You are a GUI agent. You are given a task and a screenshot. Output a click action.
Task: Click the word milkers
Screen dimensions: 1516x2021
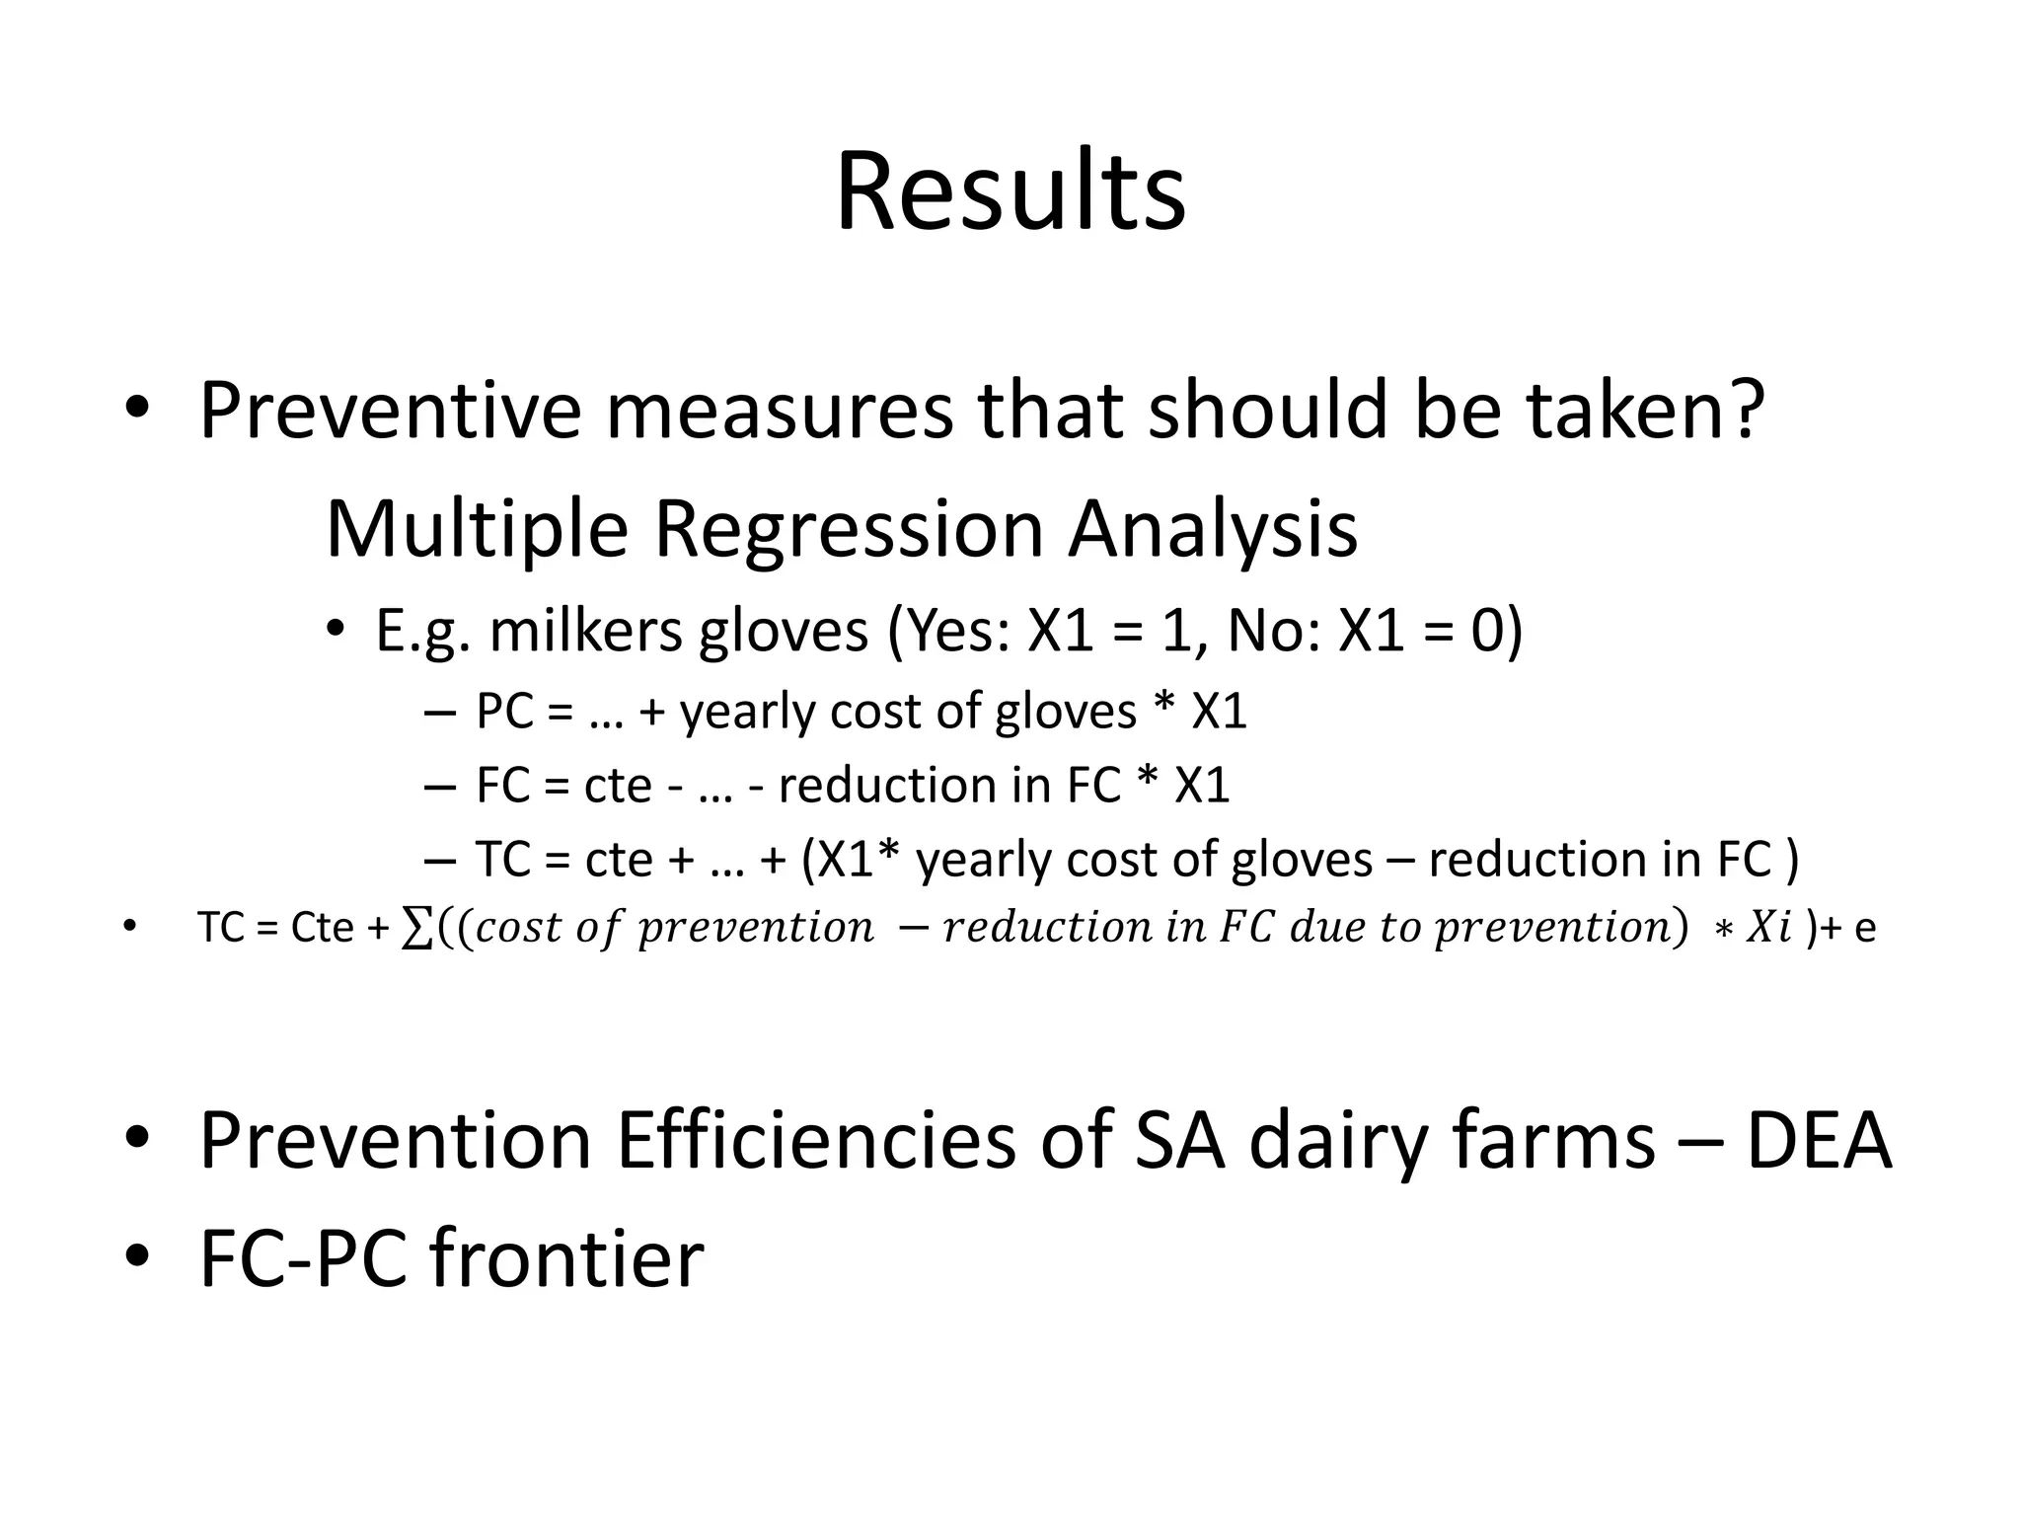(586, 631)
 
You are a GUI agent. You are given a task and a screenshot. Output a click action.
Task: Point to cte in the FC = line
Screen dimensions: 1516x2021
(619, 787)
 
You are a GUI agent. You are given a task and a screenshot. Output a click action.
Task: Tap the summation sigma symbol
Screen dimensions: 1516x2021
(417, 928)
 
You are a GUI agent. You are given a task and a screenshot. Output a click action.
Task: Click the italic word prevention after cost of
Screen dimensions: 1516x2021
(756, 928)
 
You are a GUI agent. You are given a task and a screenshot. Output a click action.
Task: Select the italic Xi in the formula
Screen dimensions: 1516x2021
(1769, 928)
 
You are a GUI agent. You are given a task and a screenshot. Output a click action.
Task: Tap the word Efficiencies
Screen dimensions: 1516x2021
(815, 1142)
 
